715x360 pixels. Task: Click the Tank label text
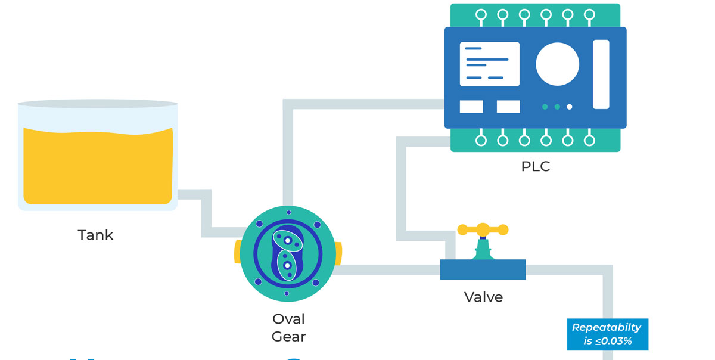pyautogui.click(x=95, y=235)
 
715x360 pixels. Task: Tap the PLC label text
pyautogui.click(x=535, y=166)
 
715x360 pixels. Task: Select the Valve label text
pyautogui.click(x=483, y=296)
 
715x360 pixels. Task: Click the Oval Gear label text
pyautogui.click(x=288, y=327)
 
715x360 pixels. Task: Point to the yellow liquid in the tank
pyautogui.click(x=98, y=167)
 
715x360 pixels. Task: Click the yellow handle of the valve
pyautogui.click(x=482, y=229)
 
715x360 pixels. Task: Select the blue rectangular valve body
pyautogui.click(x=483, y=269)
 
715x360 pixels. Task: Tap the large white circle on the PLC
pyautogui.click(x=557, y=64)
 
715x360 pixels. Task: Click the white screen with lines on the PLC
pyautogui.click(x=489, y=64)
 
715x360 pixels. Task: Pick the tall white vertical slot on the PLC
pyautogui.click(x=601, y=75)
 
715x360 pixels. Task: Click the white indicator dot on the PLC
pyautogui.click(x=570, y=107)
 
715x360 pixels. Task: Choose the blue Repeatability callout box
pyautogui.click(x=607, y=334)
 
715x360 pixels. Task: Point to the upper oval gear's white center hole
pyautogui.click(x=287, y=240)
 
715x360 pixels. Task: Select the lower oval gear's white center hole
pyautogui.click(x=287, y=265)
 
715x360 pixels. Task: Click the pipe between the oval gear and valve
pyautogui.click(x=387, y=269)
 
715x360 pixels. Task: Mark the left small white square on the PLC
pyautogui.click(x=471, y=107)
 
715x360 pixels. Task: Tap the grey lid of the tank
pyautogui.click(x=98, y=104)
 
